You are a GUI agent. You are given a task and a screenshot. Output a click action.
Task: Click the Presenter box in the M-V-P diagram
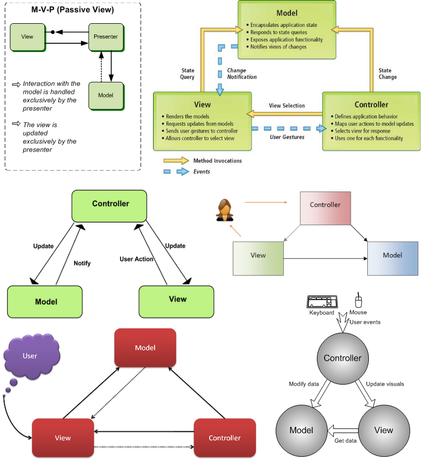click(x=106, y=37)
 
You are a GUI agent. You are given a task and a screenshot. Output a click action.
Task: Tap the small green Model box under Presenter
click(x=106, y=95)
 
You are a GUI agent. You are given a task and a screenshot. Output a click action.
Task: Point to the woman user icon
click(x=225, y=210)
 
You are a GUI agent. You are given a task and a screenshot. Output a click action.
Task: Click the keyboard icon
click(x=322, y=302)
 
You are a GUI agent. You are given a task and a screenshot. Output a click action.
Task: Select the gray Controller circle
click(x=343, y=358)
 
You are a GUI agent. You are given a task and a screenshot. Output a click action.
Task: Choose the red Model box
click(x=145, y=348)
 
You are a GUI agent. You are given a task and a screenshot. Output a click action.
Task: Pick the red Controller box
click(x=225, y=438)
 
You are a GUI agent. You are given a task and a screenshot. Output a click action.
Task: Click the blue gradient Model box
click(x=393, y=256)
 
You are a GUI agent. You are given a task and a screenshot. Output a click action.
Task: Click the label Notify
click(x=82, y=263)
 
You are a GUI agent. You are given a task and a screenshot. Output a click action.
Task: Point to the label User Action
click(x=137, y=259)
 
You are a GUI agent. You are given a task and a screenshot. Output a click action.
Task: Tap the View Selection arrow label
click(x=286, y=106)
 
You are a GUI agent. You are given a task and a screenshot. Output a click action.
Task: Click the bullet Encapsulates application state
click(x=283, y=25)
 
